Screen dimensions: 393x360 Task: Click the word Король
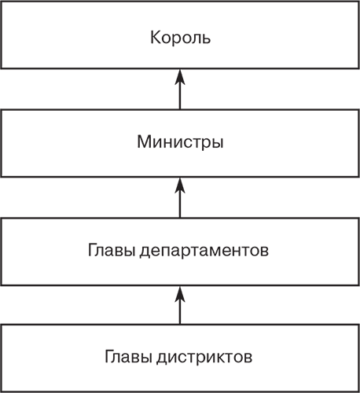(x=180, y=36)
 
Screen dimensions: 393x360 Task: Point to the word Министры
(x=180, y=144)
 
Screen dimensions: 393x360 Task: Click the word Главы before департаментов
(x=111, y=252)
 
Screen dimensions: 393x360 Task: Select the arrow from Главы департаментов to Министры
(x=180, y=196)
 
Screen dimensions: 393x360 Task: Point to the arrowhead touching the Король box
(x=180, y=75)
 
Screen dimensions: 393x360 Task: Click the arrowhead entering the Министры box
(x=180, y=183)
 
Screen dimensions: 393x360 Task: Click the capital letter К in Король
(x=154, y=36)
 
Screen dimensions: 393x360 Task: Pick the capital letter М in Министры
(x=143, y=144)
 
